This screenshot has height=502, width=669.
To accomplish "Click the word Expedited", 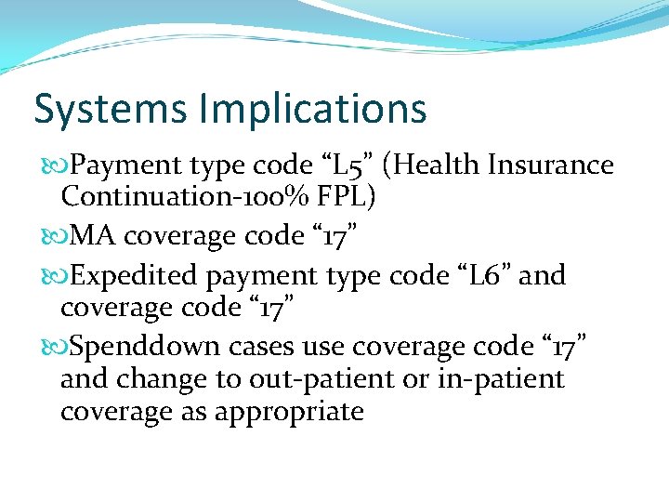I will click(134, 276).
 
